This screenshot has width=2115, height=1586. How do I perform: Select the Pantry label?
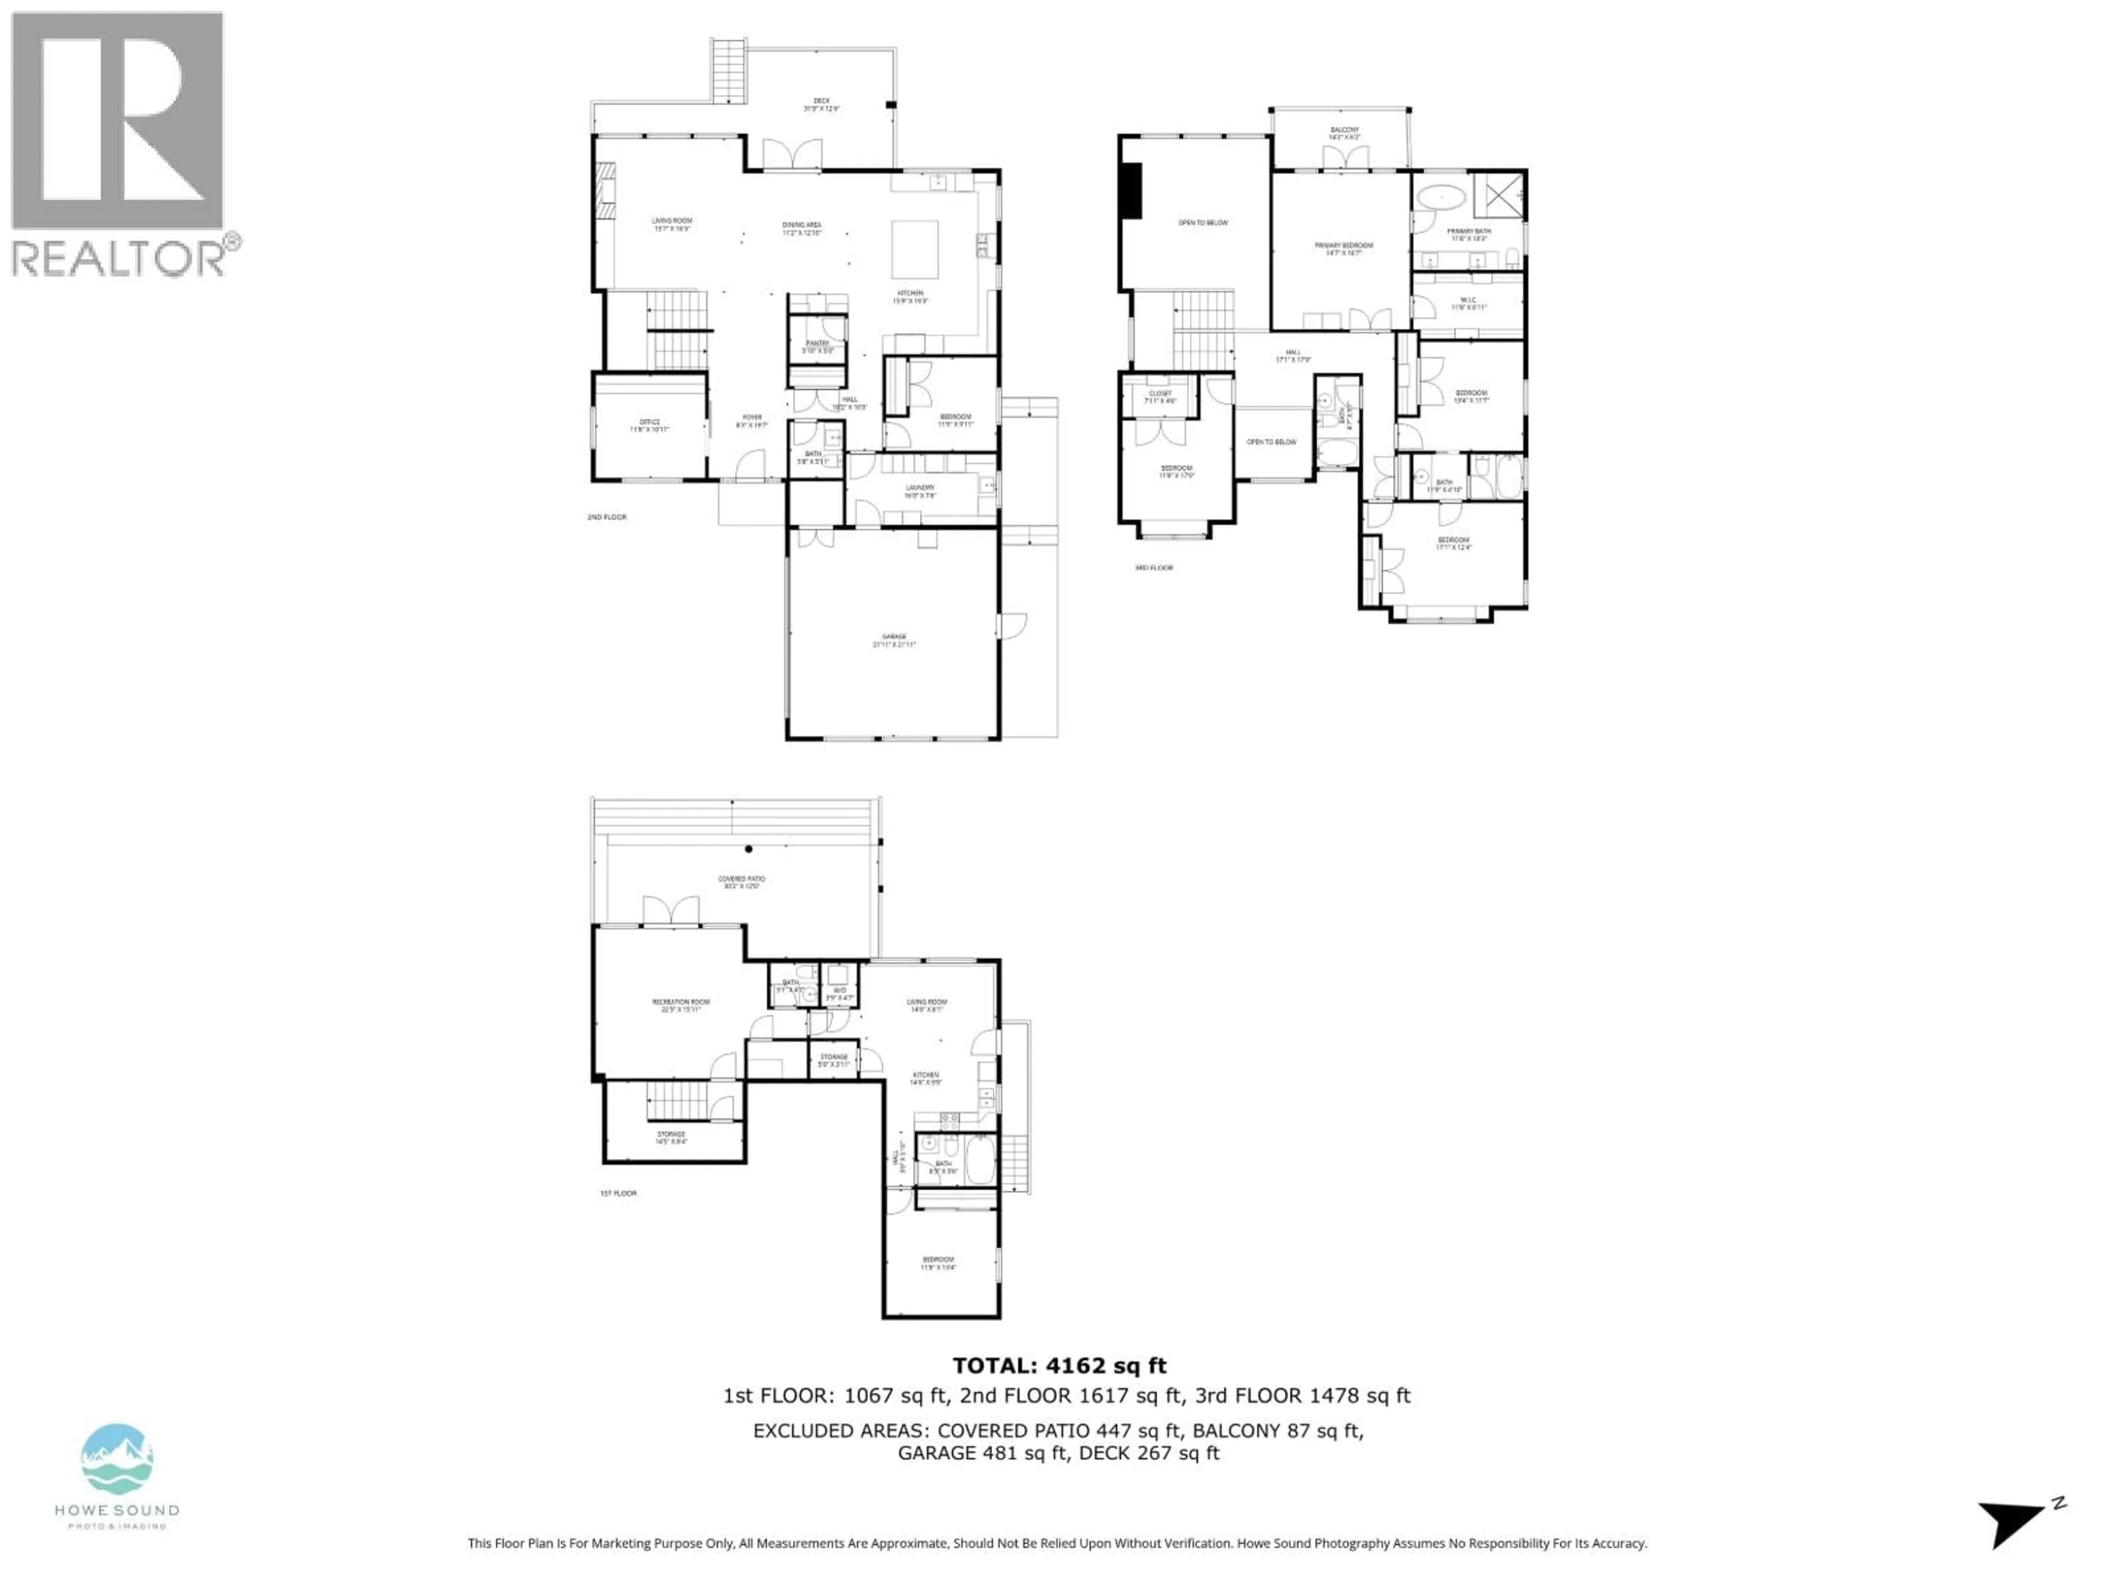[817, 346]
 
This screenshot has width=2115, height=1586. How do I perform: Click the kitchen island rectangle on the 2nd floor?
[915, 248]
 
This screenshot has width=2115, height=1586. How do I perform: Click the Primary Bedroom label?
[1343, 248]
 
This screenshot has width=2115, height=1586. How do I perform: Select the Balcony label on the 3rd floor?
[1344, 132]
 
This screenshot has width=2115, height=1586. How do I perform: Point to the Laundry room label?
[920, 491]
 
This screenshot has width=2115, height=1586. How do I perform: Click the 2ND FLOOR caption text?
[607, 517]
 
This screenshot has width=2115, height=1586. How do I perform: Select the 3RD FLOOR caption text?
[1153, 568]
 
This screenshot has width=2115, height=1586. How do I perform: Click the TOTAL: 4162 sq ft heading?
[1059, 1366]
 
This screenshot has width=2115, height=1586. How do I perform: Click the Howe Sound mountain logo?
[117, 1461]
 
